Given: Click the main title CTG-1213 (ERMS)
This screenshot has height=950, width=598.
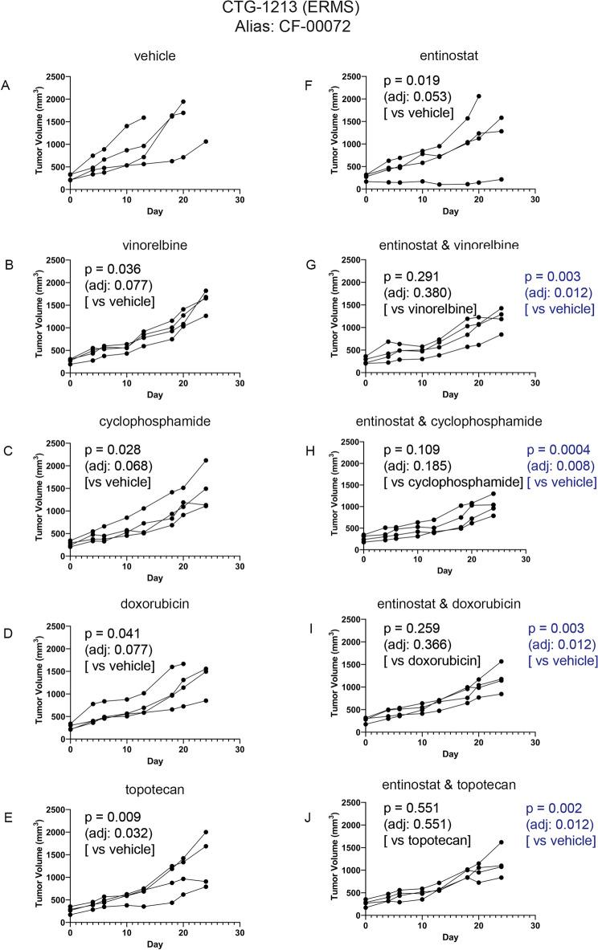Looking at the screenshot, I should (298, 10).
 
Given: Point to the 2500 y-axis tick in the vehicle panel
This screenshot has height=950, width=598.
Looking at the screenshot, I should (54, 77).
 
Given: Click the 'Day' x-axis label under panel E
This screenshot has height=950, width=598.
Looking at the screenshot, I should (155, 937).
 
